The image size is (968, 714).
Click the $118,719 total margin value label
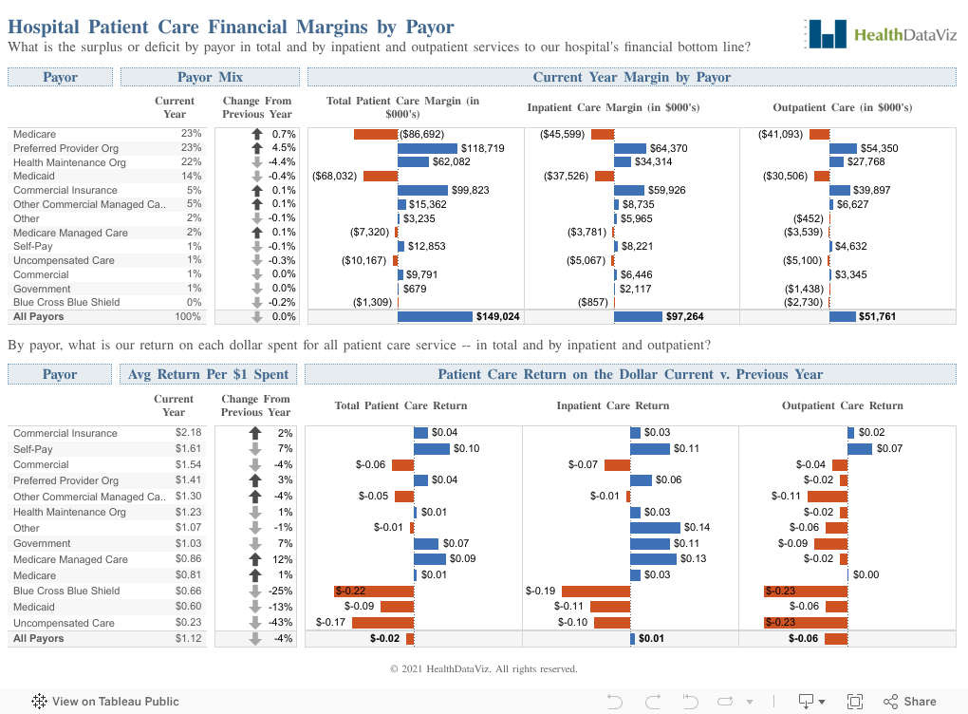(481, 149)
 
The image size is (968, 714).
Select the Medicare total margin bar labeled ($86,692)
(375, 135)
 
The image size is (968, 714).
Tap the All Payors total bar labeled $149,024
(435, 316)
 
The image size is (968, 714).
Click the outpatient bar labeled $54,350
(843, 149)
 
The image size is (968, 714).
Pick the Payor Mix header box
(210, 77)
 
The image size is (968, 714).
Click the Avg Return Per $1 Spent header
(210, 374)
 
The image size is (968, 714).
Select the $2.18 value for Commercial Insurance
(188, 433)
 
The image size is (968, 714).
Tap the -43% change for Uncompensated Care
(281, 623)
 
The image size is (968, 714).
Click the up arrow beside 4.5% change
(256, 149)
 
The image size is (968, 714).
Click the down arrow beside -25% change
(254, 591)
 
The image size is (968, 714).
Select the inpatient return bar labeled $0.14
(655, 528)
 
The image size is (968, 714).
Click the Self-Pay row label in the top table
(34, 247)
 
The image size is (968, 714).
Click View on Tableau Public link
(105, 702)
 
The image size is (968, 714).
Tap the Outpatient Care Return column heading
(842, 406)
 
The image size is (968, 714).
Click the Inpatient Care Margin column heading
(613, 108)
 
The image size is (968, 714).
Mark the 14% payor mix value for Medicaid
(192, 177)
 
